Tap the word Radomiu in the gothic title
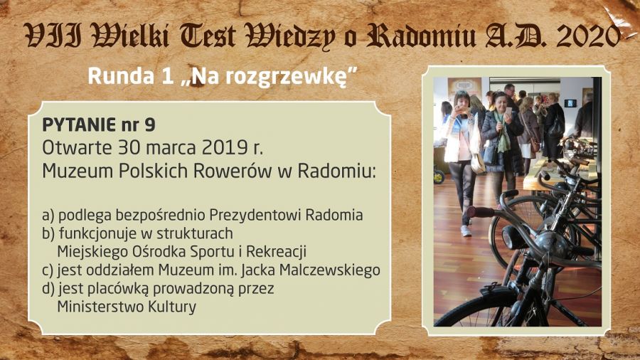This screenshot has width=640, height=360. (x=421, y=36)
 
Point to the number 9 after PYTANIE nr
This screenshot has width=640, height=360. (x=150, y=125)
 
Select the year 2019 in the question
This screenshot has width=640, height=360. (x=220, y=147)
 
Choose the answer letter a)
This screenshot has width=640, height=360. (x=48, y=216)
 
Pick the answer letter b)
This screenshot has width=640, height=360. (x=48, y=233)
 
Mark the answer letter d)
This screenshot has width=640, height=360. (x=48, y=289)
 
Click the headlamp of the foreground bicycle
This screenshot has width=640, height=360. (x=513, y=237)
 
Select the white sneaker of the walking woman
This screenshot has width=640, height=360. (x=466, y=231)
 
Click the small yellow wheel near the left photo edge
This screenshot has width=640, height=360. (x=439, y=176)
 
